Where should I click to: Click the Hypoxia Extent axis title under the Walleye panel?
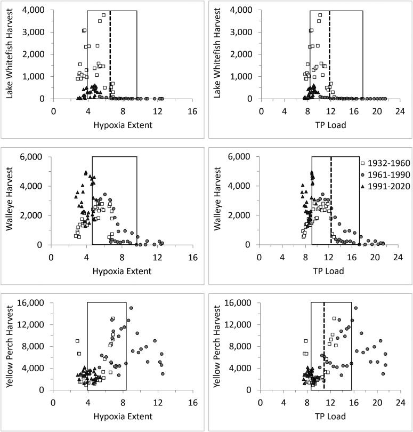122,271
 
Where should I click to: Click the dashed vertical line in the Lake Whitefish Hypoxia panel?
110,53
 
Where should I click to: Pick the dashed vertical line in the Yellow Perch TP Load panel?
323,347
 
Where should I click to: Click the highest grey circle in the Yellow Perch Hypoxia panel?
131,308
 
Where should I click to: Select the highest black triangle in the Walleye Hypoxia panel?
86,173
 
